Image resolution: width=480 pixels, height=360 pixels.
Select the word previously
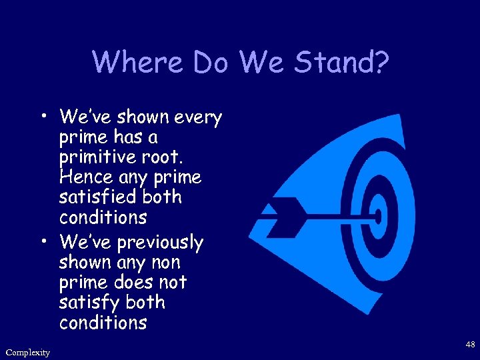point(158,242)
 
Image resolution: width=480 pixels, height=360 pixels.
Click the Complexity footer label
point(27,352)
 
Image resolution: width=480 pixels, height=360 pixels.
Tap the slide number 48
point(469,345)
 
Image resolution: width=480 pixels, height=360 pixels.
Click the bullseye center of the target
point(378,217)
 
